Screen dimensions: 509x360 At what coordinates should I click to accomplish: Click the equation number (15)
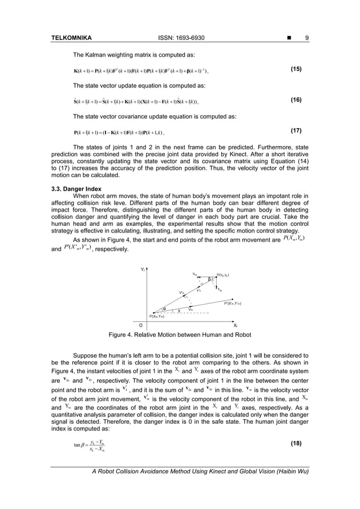point(296,69)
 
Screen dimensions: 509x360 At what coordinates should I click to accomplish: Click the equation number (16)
point(296,99)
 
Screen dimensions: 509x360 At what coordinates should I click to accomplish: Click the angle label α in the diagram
point(164,309)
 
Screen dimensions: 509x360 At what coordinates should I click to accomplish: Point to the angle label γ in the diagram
point(178,310)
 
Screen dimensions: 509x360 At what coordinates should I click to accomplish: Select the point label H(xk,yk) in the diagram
point(222,275)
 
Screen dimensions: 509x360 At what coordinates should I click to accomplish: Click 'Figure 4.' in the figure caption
point(122,334)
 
